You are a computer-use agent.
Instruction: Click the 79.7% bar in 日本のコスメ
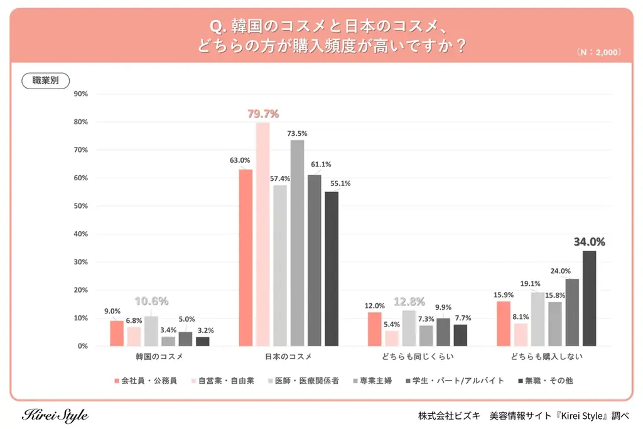(262, 234)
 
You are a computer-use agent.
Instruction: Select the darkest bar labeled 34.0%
(589, 298)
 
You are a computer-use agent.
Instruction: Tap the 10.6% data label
(151, 301)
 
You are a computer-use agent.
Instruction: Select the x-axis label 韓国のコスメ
(159, 357)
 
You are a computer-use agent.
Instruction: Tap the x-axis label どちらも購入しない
(546, 357)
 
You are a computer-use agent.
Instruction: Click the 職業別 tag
(46, 80)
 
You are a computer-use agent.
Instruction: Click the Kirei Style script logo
(55, 415)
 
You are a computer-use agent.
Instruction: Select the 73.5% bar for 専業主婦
(297, 243)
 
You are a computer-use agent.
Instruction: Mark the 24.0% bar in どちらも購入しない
(572, 312)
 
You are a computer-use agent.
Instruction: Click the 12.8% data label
(409, 301)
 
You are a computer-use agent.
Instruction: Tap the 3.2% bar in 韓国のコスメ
(202, 342)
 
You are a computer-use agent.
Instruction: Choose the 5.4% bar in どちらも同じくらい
(392, 339)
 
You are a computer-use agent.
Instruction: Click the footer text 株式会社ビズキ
(449, 416)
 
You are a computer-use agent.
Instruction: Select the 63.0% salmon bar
(246, 258)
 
